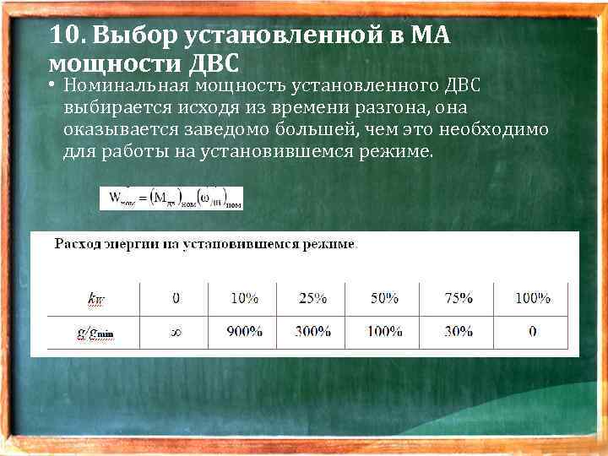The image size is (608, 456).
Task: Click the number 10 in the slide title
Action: [x=63, y=36]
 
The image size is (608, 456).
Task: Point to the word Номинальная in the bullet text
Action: [x=125, y=85]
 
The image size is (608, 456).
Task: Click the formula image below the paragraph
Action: [x=171, y=198]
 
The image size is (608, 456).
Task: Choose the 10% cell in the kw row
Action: [x=244, y=297]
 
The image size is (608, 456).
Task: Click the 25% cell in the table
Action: [x=313, y=297]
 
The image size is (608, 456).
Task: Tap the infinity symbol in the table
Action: [x=176, y=332]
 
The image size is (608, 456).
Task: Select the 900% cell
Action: [x=244, y=332]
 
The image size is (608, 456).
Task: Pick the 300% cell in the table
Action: [x=313, y=332]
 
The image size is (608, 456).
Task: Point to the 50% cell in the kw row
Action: [x=385, y=297]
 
